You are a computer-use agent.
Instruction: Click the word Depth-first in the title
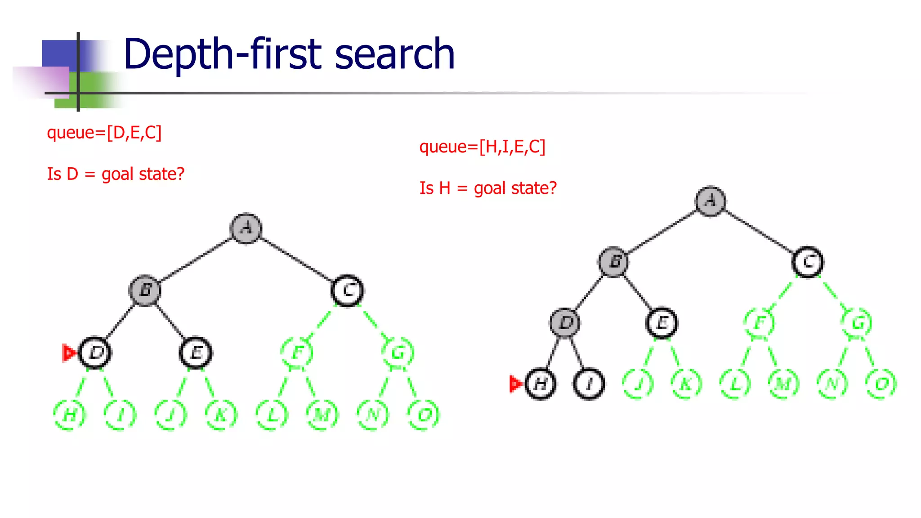223,55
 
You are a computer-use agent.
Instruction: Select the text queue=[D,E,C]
104,133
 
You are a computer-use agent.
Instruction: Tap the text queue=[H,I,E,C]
482,147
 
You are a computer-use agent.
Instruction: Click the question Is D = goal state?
116,174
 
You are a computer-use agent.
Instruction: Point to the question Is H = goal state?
488,188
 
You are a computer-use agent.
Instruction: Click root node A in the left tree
246,228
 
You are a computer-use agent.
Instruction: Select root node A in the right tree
710,201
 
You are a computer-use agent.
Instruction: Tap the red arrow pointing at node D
69,353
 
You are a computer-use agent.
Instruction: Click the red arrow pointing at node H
515,384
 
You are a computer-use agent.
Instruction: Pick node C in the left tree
347,291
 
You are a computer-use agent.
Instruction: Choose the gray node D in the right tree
565,323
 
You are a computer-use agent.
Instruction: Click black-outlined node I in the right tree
589,384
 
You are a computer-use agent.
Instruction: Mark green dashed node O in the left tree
423,415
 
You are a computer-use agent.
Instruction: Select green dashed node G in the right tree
857,323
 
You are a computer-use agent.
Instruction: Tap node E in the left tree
196,353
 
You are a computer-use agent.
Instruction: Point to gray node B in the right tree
614,262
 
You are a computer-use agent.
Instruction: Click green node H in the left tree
69,415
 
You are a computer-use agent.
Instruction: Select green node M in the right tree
783,384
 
